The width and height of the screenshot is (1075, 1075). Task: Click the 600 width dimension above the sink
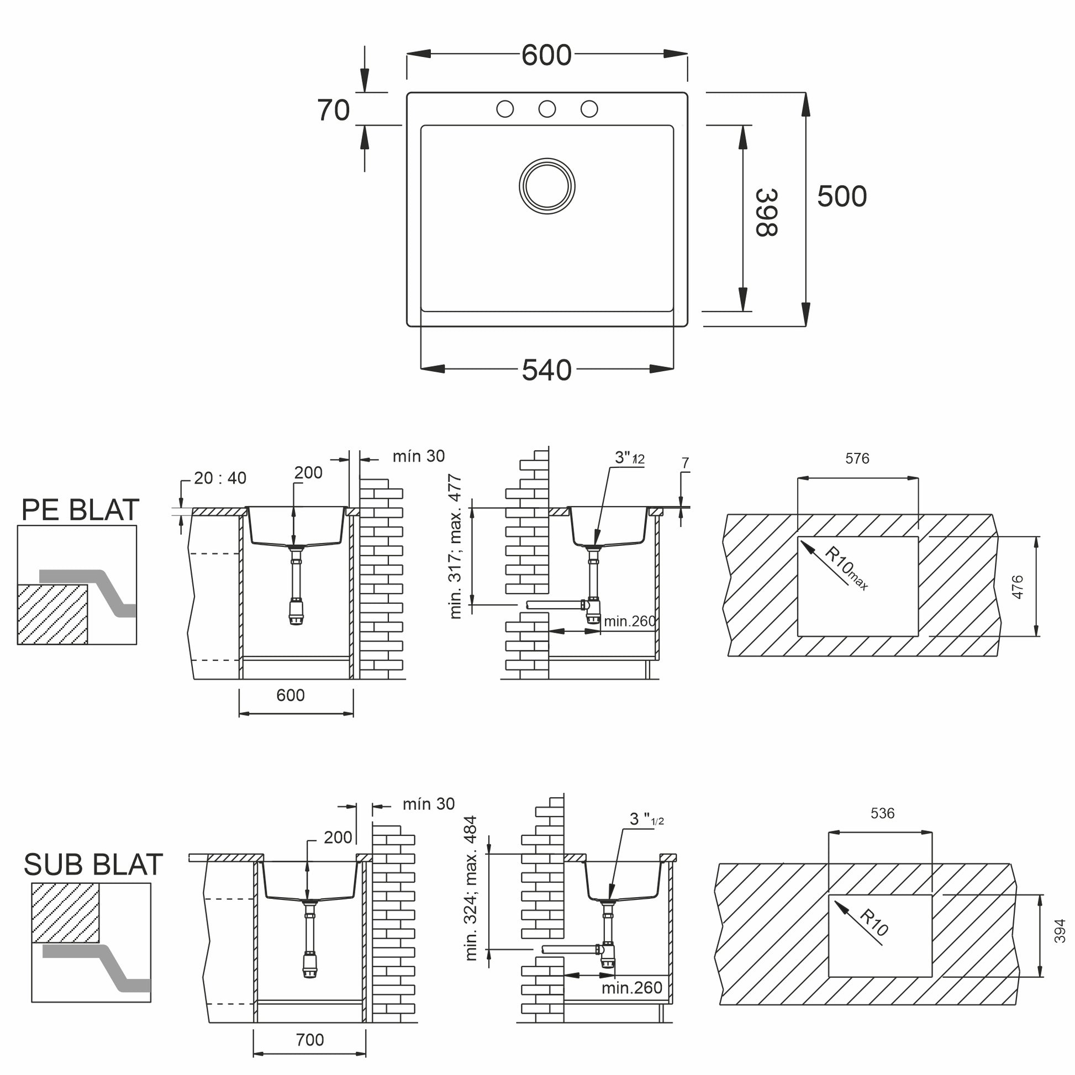tap(546, 55)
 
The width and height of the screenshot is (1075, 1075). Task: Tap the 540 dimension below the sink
tap(546, 370)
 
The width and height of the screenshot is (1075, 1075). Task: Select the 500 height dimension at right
tap(842, 197)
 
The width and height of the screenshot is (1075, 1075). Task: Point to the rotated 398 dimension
tap(766, 213)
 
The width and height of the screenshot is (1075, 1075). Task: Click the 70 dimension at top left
tap(333, 110)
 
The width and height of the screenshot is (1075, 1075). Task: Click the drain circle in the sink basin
tap(547, 186)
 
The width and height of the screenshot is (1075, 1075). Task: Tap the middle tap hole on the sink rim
tap(547, 109)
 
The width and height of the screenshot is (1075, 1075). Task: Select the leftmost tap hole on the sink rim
tap(505, 109)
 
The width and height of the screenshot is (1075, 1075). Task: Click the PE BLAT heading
tap(80, 510)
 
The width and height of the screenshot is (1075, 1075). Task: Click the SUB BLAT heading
tap(93, 865)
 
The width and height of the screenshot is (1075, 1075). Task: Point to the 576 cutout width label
tap(857, 459)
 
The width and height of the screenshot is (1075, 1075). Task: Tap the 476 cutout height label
tap(1017, 587)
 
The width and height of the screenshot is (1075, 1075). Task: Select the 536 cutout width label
tap(882, 814)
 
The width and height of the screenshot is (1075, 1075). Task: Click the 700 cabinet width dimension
tap(309, 1040)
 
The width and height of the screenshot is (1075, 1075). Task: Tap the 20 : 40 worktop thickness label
tap(220, 478)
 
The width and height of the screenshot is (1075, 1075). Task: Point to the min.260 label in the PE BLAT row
tap(630, 621)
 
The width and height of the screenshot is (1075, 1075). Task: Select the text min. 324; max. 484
tap(471, 889)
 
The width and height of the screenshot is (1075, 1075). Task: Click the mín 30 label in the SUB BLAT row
tap(429, 804)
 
